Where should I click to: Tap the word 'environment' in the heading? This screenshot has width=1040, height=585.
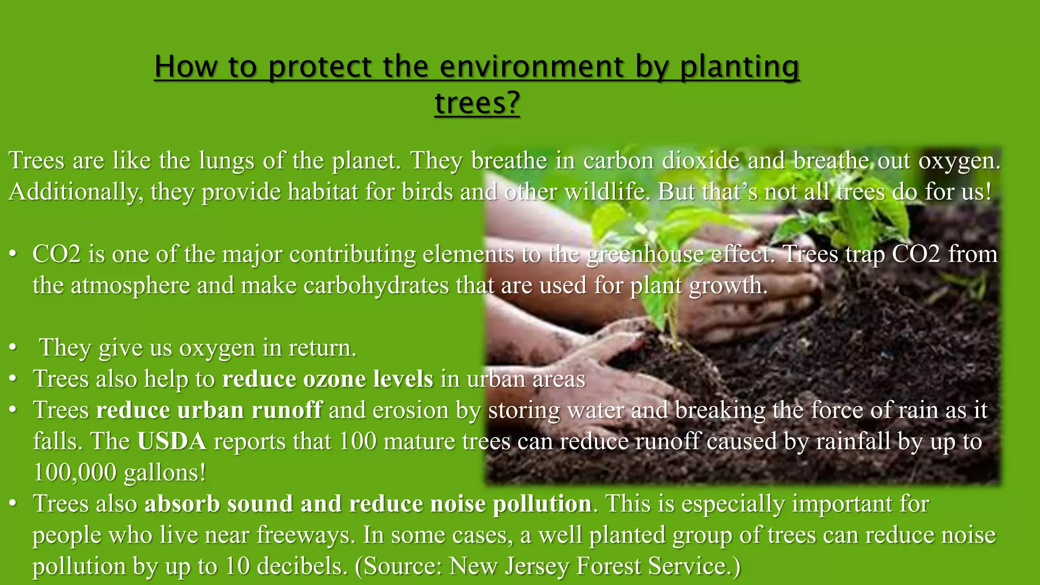[x=531, y=67]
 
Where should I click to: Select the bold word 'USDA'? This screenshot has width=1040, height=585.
[x=172, y=441]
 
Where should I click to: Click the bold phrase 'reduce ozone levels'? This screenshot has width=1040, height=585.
[x=328, y=379]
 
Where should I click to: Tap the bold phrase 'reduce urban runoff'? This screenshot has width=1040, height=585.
[x=209, y=410]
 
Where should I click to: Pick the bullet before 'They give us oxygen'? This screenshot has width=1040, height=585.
[x=13, y=348]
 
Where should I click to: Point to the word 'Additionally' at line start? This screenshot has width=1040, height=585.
[x=76, y=192]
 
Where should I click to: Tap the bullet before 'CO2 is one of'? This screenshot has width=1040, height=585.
[x=13, y=254]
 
